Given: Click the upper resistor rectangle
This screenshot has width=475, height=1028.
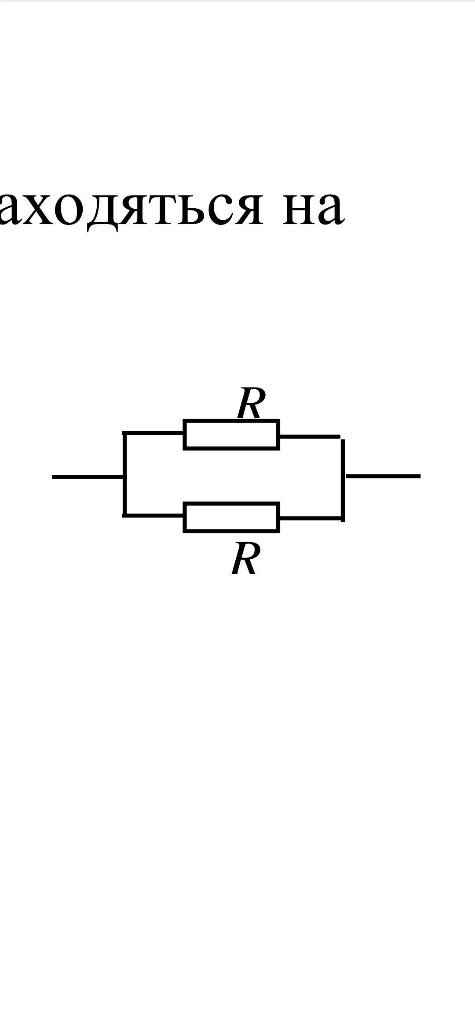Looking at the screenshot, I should pyautogui.click(x=231, y=435).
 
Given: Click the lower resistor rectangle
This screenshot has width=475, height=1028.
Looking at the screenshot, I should pyautogui.click(x=231, y=518).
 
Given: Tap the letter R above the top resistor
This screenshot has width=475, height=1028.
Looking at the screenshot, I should pyautogui.click(x=251, y=403).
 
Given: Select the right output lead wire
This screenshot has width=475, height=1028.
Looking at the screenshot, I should pyautogui.click(x=383, y=476).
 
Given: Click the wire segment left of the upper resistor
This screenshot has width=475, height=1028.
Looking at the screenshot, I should pyautogui.click(x=154, y=433).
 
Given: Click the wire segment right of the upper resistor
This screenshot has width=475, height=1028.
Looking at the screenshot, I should pyautogui.click(x=310, y=437).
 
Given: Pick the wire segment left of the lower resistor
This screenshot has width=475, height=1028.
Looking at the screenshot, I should pyautogui.click(x=154, y=515).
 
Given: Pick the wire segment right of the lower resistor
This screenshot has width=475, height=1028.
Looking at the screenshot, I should pyautogui.click(x=311, y=519).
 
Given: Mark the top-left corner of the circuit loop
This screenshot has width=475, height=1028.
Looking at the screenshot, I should pyautogui.click(x=125, y=434).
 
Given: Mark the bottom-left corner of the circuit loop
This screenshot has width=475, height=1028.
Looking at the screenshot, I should pyautogui.click(x=125, y=514).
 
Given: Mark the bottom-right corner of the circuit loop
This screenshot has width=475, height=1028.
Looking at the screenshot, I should pyautogui.click(x=342, y=519).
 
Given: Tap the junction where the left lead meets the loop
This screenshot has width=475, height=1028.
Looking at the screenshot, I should pyautogui.click(x=125, y=477).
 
